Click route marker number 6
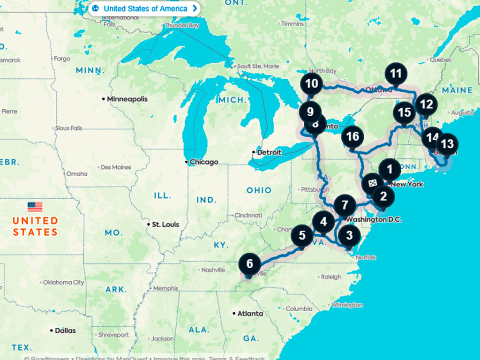point(249,264)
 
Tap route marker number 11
point(396,74)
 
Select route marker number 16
point(352,136)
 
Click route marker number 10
point(311,84)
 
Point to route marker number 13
point(448,144)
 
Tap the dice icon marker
point(373,183)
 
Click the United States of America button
point(145,8)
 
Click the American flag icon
point(35,207)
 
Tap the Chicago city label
point(204,162)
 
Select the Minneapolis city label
point(127,99)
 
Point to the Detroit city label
point(269,152)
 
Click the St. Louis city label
point(165,225)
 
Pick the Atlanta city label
point(250,313)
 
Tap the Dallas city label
point(65,330)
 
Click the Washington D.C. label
point(374,219)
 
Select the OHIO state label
point(259,190)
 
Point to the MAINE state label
point(457,90)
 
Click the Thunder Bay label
point(182,25)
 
